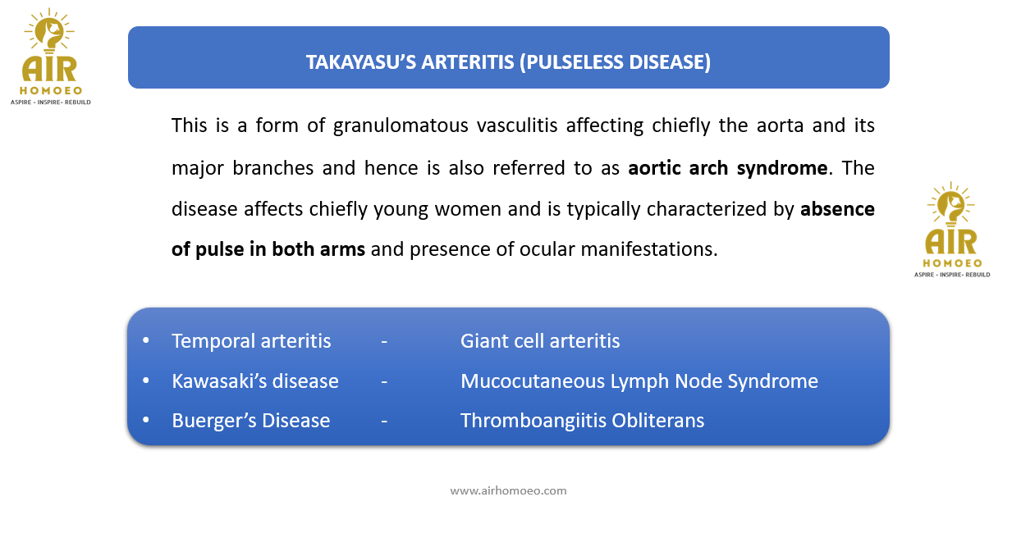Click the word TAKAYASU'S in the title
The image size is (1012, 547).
coord(361,62)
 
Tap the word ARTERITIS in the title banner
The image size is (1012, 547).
coord(468,62)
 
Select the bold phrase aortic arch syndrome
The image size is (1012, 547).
coord(728,168)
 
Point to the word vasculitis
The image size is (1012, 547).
coord(517,125)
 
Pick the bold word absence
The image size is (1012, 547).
coord(838,209)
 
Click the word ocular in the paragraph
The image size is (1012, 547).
coord(547,249)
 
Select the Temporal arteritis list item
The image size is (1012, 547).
coord(251,340)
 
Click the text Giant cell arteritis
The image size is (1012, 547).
coord(540,340)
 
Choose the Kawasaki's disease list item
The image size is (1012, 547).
coord(255,381)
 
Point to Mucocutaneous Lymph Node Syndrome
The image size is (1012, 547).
coord(639,381)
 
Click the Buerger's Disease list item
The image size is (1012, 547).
coord(250,421)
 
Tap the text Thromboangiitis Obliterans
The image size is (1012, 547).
coord(583,421)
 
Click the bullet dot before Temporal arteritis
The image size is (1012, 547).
coord(145,340)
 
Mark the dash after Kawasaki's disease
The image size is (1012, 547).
coord(384,382)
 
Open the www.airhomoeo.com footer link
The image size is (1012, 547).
coord(508,490)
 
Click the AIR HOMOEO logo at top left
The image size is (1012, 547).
coord(50,57)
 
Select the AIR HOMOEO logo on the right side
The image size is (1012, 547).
coord(952,230)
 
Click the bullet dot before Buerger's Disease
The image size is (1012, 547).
coord(145,420)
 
